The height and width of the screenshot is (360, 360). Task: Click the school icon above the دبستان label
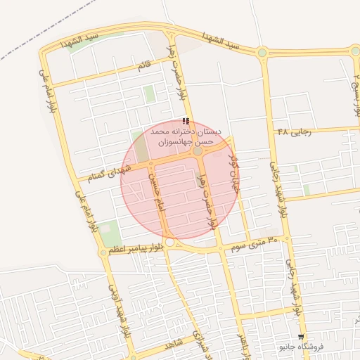[x=186, y=121]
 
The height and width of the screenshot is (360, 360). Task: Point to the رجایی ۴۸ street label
[x=294, y=131]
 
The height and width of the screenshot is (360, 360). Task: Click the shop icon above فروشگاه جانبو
[x=301, y=337]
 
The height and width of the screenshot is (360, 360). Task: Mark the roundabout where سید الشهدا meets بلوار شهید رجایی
[x=262, y=52]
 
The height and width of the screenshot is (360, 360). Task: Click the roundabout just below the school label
[x=198, y=151]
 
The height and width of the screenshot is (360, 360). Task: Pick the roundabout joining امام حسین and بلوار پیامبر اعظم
[x=170, y=242]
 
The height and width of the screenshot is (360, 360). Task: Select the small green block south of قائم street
[x=149, y=94]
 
